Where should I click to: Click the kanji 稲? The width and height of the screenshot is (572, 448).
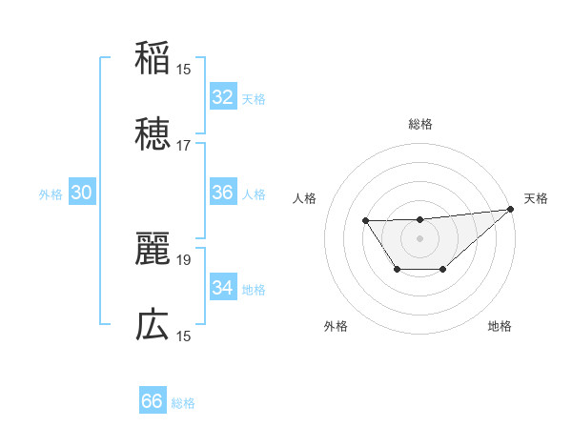(153, 59)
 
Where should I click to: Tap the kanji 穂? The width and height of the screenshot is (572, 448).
(153, 134)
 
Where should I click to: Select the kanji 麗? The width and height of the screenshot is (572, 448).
(153, 249)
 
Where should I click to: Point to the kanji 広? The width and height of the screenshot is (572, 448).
(153, 325)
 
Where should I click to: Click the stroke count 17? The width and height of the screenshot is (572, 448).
(184, 146)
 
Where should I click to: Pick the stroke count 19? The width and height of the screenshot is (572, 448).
(184, 260)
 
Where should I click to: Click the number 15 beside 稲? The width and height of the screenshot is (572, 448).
(184, 70)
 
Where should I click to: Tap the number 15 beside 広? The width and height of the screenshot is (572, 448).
(184, 336)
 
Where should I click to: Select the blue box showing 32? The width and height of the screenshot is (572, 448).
(222, 96)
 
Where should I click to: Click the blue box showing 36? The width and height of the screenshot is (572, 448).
(222, 193)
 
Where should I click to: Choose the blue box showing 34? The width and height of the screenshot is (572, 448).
(222, 287)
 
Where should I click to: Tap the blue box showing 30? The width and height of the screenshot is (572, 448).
(81, 193)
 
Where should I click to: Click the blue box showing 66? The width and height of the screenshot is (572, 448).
(152, 401)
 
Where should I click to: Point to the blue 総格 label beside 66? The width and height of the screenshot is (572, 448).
(183, 403)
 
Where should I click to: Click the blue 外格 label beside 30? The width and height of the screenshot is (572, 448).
(51, 194)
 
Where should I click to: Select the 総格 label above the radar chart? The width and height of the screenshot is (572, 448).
(420, 124)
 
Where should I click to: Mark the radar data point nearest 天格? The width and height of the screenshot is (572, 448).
(512, 209)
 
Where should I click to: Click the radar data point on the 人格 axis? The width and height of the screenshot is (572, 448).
(365, 221)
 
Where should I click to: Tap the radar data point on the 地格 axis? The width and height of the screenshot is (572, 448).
(443, 271)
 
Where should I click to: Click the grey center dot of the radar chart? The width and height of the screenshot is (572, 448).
(420, 237)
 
